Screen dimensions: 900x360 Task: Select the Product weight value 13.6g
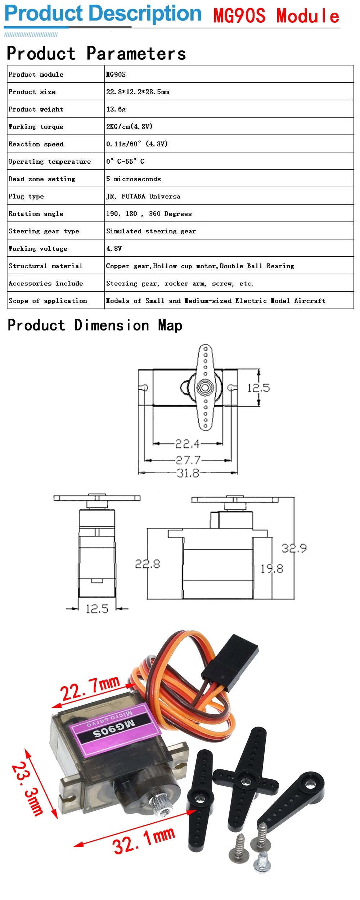click(x=116, y=109)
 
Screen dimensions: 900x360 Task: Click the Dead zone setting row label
click(x=42, y=179)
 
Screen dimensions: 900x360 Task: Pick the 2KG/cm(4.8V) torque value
click(x=129, y=126)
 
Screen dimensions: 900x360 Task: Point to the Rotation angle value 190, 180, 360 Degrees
click(x=149, y=213)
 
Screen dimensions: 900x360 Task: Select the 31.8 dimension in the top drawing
click(x=188, y=473)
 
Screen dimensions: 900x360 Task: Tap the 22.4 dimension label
click(x=187, y=444)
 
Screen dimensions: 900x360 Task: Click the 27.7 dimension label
click(x=188, y=460)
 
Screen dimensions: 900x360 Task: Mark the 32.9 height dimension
click(x=294, y=548)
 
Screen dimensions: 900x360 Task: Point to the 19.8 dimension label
click(x=272, y=569)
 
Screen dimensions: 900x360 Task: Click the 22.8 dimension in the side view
click(x=148, y=564)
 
